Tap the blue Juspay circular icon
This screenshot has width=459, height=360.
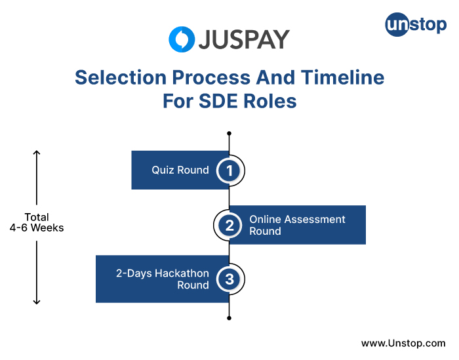pyautogui.click(x=182, y=39)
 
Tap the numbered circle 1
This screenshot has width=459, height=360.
pyautogui.click(x=229, y=170)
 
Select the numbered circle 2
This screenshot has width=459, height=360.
pyautogui.click(x=229, y=226)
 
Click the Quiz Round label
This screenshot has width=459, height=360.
pyautogui.click(x=180, y=170)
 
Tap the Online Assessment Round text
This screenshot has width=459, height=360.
pyautogui.click(x=297, y=225)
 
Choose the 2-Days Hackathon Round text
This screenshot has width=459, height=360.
pyautogui.click(x=163, y=279)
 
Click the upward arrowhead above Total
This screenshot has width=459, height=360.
pyautogui.click(x=37, y=154)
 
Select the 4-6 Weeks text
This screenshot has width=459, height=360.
pyautogui.click(x=37, y=228)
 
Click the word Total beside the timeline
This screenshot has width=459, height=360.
pyautogui.click(x=37, y=217)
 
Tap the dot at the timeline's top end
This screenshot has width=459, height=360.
pyautogui.click(x=229, y=133)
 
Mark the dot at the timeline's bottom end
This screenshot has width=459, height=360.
pyautogui.click(x=229, y=318)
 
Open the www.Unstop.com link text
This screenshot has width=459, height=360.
pyautogui.click(x=403, y=343)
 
